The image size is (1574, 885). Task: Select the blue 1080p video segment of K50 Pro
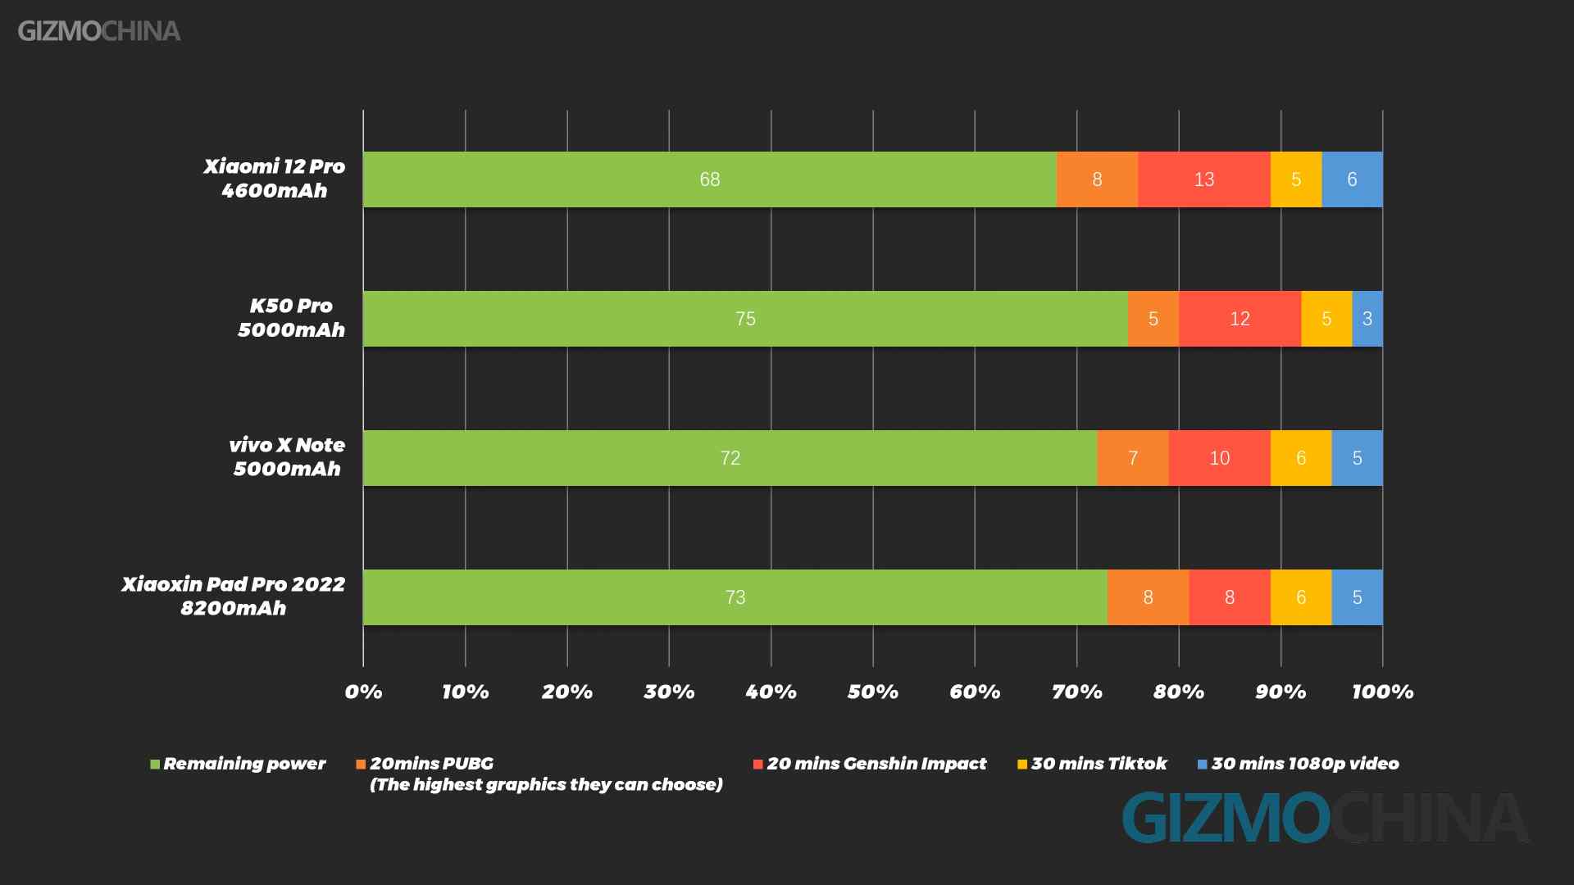coord(1367,319)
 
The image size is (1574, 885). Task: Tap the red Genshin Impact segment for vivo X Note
coord(1219,458)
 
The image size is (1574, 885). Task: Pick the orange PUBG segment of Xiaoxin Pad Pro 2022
coord(1148,597)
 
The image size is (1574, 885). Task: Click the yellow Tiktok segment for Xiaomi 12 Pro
coord(1295,179)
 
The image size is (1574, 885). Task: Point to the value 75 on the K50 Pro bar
coord(745,319)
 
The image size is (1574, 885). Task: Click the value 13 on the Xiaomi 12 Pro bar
coord(1203,179)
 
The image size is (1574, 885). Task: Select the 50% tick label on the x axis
coord(872,692)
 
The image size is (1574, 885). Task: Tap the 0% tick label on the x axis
coord(363,692)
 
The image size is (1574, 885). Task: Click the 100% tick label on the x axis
coord(1382,692)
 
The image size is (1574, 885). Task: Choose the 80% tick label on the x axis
coord(1178,692)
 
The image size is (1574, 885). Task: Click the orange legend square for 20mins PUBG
coord(361,765)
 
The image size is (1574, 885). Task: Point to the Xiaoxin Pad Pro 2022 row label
coord(234,596)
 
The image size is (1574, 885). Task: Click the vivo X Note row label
coord(287,456)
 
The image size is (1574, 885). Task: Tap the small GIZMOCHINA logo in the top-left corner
coord(99,31)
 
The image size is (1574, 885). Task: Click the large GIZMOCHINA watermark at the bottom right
coord(1324,818)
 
